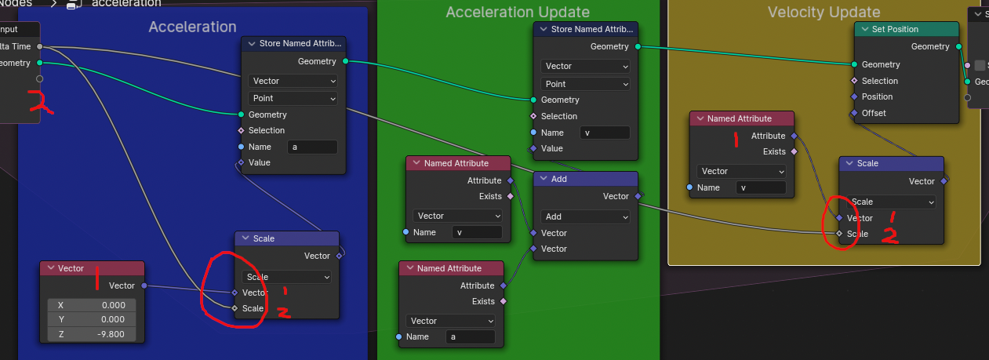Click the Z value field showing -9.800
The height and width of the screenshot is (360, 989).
point(92,334)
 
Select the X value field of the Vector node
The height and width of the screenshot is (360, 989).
point(92,305)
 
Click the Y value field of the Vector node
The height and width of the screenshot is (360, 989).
point(92,319)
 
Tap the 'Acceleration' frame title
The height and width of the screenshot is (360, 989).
point(192,27)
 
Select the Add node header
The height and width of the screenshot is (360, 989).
point(585,179)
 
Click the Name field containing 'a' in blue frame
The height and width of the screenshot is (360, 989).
point(313,147)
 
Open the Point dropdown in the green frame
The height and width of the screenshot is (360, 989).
point(585,84)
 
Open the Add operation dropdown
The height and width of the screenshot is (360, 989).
point(585,216)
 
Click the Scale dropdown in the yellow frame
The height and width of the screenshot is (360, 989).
point(891,202)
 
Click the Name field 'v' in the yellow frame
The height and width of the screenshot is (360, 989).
point(761,187)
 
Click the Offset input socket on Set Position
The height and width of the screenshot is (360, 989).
point(855,113)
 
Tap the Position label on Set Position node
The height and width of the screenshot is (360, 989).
point(877,96)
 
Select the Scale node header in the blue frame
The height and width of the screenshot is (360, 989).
point(286,238)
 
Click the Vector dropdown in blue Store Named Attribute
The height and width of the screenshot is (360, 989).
point(293,81)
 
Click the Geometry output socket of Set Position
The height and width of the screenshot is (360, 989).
point(958,46)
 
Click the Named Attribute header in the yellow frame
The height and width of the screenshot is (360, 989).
point(742,118)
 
